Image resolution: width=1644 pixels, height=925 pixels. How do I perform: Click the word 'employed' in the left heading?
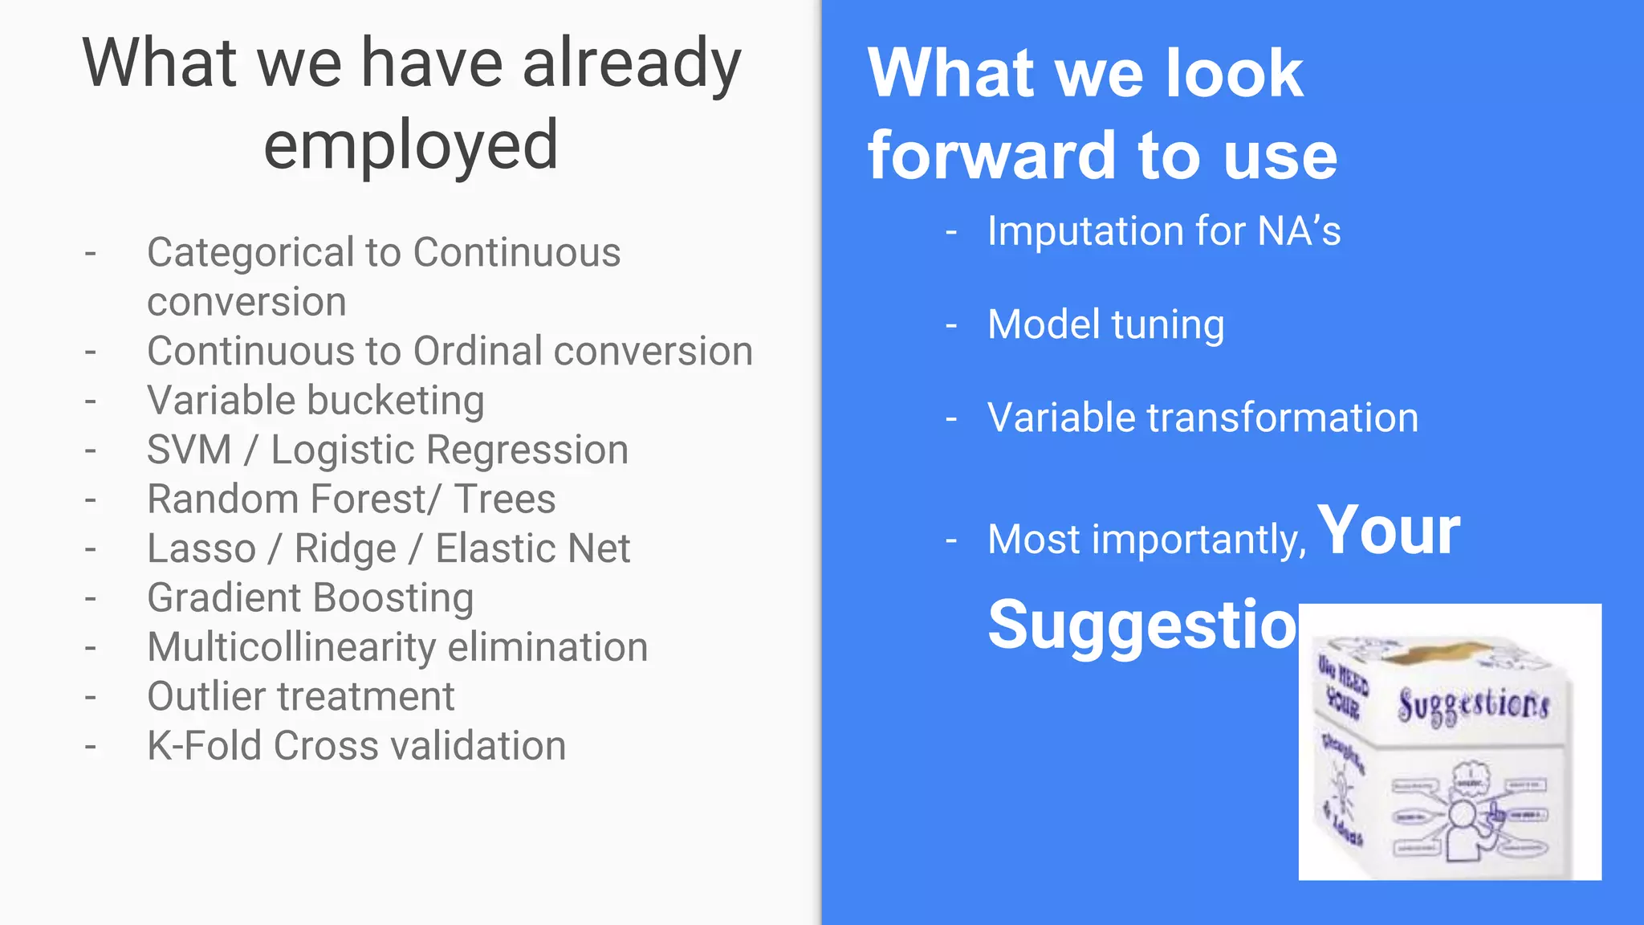pos(410,145)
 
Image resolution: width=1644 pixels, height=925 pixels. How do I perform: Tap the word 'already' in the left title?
pos(632,64)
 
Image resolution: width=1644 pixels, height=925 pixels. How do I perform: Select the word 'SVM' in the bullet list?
pos(189,450)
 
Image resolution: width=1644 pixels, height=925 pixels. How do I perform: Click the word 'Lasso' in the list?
pos(201,548)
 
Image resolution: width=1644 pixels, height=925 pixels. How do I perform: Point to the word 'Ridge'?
pos(345,548)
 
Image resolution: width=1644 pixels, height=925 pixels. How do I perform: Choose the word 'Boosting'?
pos(393,598)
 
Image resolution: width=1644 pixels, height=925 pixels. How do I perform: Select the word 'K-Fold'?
pos(204,746)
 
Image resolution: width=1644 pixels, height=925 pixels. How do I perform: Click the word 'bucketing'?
pos(401,401)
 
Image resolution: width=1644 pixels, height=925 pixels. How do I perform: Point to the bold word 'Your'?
pos(1389,531)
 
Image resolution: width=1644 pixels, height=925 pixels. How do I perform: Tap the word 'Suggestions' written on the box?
pos(1473,706)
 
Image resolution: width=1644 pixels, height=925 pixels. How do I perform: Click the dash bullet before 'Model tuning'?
pos(951,326)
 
